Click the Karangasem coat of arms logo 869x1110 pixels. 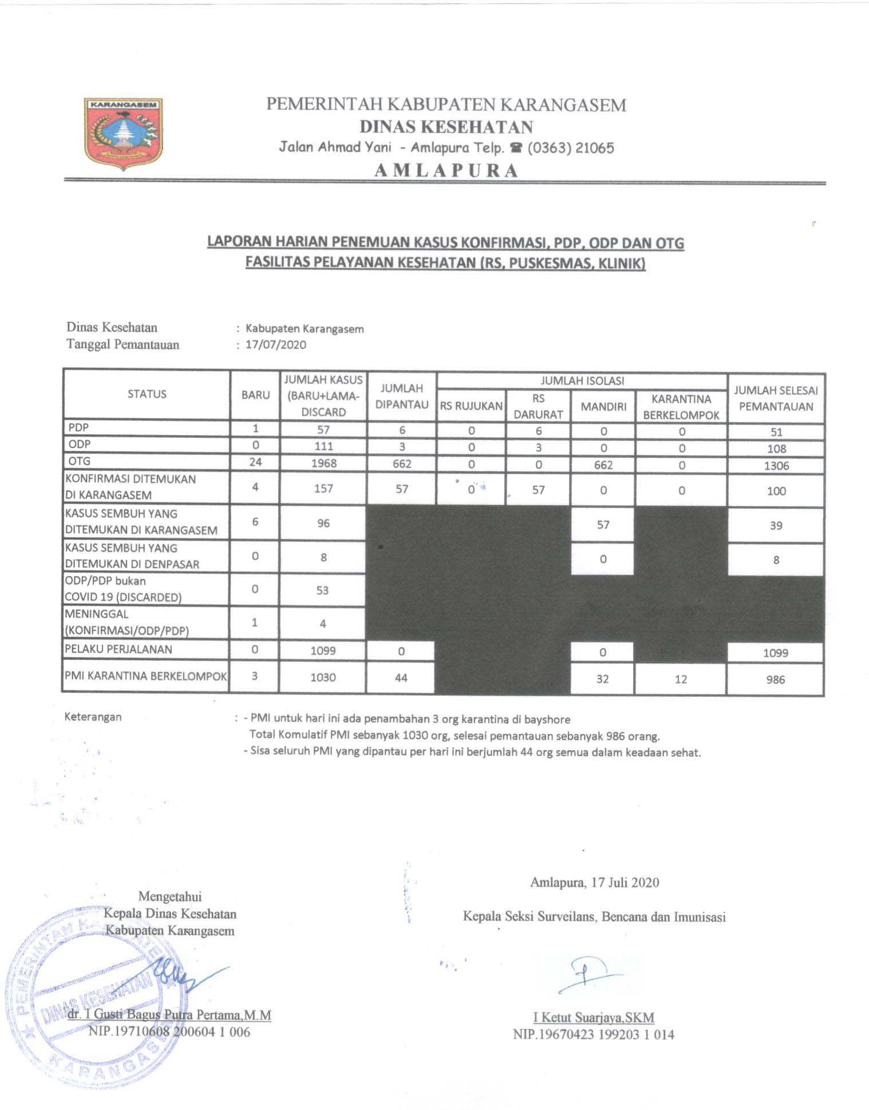pos(124,135)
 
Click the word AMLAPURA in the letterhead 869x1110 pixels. pos(446,171)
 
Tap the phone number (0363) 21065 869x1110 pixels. pos(570,148)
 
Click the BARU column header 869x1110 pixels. pos(255,395)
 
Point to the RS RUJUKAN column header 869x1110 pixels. pos(471,406)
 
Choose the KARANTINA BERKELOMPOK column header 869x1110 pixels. pos(681,407)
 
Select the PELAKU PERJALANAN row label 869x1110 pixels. pos(118,649)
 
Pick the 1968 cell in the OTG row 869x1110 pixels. pos(323,463)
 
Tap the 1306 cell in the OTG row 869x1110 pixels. pos(776,466)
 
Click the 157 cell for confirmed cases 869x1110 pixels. pos(323,489)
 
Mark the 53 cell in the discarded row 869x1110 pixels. pos(323,590)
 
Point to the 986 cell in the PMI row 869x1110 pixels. pos(775,680)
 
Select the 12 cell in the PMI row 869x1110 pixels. pos(681,679)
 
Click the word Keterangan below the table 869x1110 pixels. pos(93,717)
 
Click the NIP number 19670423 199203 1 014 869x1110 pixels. pos(593,1034)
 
